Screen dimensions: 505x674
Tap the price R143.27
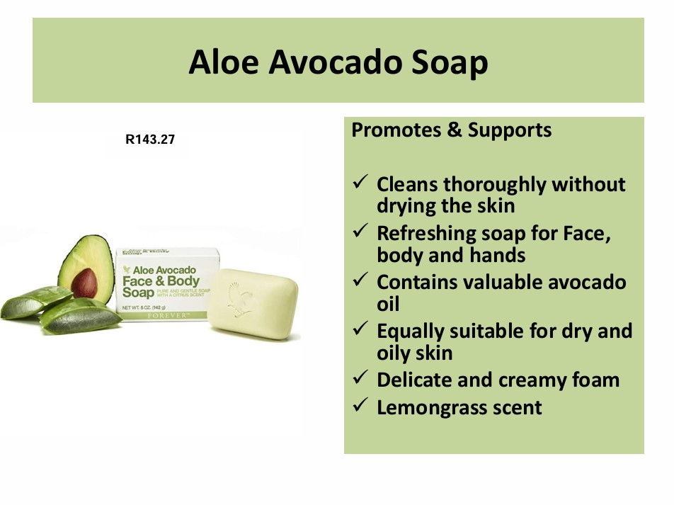click(x=150, y=140)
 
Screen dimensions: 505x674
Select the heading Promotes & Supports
click(x=451, y=130)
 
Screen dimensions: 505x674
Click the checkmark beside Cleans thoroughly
click(x=359, y=184)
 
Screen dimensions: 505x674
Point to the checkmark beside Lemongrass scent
click(x=359, y=407)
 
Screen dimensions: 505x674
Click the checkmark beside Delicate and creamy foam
click(x=359, y=379)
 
